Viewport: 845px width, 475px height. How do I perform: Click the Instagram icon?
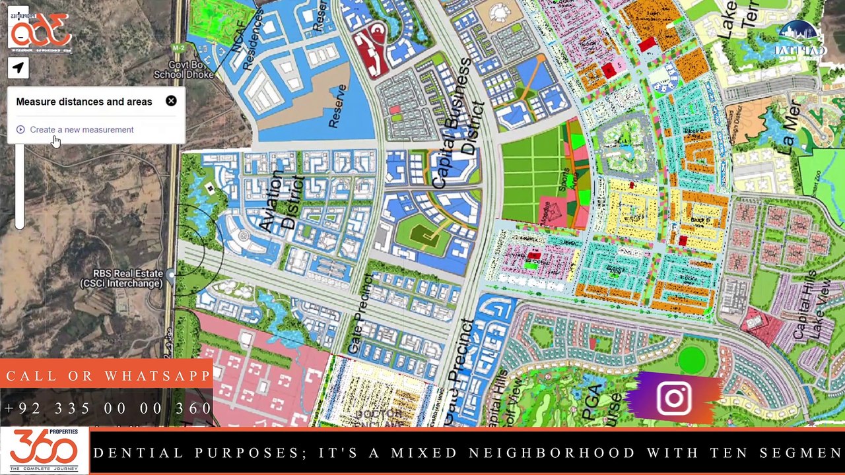tap(674, 398)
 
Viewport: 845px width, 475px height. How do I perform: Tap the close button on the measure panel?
tap(171, 101)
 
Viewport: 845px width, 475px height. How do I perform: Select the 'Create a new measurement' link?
tap(81, 130)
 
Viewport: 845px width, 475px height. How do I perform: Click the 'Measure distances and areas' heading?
tap(84, 102)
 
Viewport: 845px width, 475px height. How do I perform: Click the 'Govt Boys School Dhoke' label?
tap(184, 70)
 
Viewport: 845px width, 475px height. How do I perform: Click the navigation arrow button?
tap(18, 67)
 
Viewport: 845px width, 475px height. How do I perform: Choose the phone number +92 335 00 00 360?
tap(108, 408)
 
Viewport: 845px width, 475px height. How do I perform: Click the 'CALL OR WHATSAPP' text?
tap(108, 377)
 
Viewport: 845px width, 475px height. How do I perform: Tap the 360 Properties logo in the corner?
tap(44, 451)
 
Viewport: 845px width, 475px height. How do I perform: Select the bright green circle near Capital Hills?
tap(691, 360)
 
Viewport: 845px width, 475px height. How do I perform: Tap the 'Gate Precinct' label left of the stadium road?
tap(360, 314)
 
